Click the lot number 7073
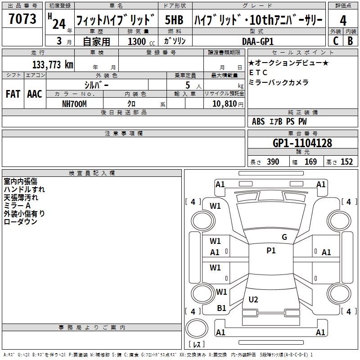click(22, 19)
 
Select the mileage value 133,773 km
click(53, 65)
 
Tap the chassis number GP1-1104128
click(302, 143)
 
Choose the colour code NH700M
click(74, 103)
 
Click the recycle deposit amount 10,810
click(221, 104)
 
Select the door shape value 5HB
click(174, 20)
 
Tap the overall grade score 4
click(343, 20)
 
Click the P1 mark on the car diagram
click(271, 251)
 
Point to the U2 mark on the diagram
click(253, 299)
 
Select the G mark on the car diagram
click(284, 237)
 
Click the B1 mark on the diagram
click(222, 308)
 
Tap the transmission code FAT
click(12, 94)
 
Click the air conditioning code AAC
click(34, 94)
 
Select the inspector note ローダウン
click(20, 221)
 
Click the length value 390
click(273, 162)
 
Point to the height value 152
click(346, 162)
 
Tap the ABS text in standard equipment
click(258, 121)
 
